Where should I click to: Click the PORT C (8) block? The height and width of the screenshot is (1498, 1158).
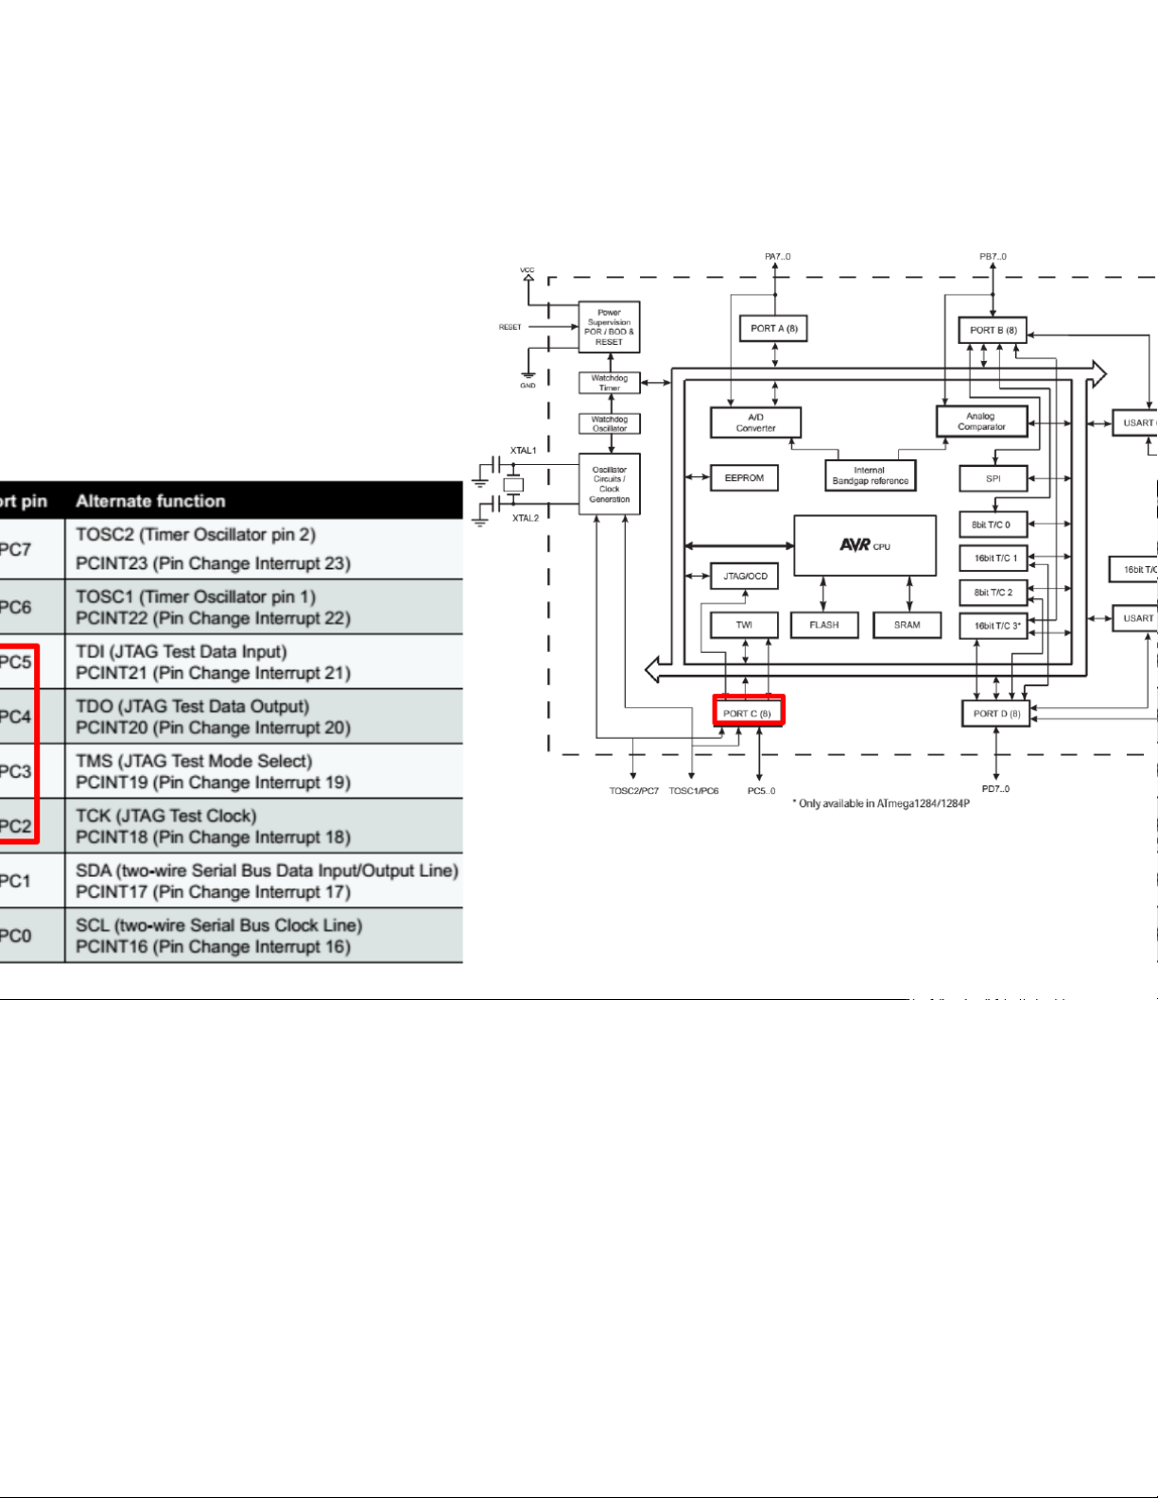point(748,713)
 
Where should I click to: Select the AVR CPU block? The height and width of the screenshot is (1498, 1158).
point(864,545)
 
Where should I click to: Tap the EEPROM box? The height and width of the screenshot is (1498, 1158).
point(744,478)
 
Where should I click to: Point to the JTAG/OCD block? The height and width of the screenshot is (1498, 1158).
point(745,576)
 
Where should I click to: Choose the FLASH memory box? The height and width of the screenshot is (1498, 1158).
point(823,625)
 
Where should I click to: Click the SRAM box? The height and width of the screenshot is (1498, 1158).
point(907,625)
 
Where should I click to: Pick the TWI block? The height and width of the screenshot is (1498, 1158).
point(744,625)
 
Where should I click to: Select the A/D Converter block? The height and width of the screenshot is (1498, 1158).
point(755,422)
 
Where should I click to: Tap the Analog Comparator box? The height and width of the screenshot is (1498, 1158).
point(981,422)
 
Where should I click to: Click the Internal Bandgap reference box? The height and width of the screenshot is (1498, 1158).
point(870,475)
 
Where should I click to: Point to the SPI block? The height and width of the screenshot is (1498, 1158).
point(993,478)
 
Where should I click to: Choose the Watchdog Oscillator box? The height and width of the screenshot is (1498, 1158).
point(610,423)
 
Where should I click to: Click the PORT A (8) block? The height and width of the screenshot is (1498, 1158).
point(773,329)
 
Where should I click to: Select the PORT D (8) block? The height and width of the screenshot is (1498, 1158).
point(995,714)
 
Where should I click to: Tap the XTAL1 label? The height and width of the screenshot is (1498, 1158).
point(523,451)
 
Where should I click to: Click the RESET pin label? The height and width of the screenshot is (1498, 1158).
point(510,327)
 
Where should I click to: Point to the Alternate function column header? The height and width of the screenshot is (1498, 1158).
point(150,501)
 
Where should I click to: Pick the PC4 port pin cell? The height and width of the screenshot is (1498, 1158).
point(15,716)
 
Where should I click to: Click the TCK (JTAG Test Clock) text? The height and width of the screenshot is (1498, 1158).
point(165,816)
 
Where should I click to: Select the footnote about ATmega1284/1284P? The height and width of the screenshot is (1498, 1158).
point(880,803)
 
